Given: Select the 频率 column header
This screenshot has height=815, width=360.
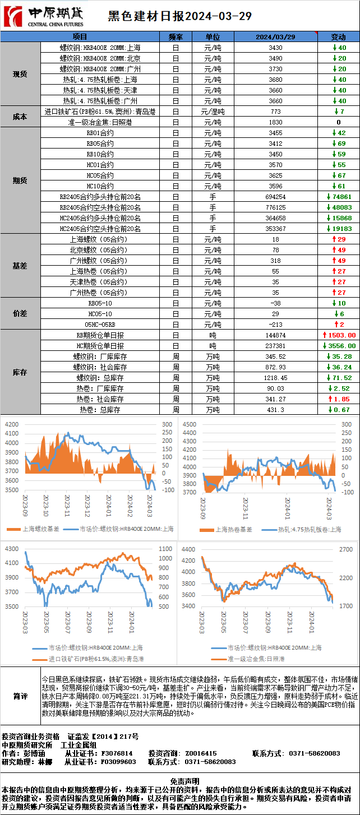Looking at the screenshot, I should click(176, 37).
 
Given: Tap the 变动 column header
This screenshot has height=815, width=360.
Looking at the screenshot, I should click(339, 37).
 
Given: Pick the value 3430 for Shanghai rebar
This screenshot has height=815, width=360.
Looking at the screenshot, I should click(275, 48).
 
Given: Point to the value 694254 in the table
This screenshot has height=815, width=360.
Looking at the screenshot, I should click(275, 197).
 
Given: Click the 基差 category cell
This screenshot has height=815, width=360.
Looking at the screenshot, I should click(20, 266).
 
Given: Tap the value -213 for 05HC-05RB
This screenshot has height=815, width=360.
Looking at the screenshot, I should click(275, 325).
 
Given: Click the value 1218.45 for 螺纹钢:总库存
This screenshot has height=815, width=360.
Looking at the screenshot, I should click(275, 378).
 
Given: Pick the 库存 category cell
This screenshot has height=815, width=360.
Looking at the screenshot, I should click(20, 372).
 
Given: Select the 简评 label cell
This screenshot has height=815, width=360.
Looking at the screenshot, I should click(20, 696).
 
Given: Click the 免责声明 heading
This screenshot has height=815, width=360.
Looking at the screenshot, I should click(180, 780).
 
